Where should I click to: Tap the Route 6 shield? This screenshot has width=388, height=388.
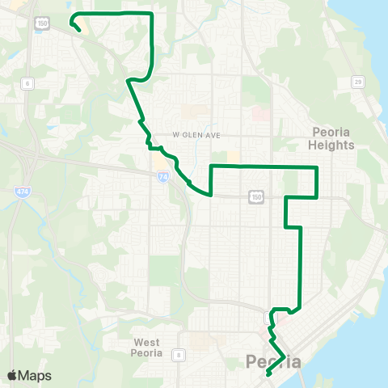pos(27,82)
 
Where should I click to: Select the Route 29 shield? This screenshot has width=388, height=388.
pos(356,81)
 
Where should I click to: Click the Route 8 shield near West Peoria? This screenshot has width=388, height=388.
pos(179,353)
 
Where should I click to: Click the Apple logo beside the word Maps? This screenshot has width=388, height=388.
pos(12,376)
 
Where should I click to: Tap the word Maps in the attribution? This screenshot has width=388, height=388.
pos(35,376)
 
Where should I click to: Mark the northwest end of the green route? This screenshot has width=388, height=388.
pos(78,30)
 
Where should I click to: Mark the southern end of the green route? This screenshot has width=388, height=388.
pos(267,375)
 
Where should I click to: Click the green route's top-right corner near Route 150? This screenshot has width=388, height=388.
pos(152,14)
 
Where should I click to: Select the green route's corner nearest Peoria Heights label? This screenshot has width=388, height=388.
pos(316,167)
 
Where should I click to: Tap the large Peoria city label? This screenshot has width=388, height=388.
pos(273,361)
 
